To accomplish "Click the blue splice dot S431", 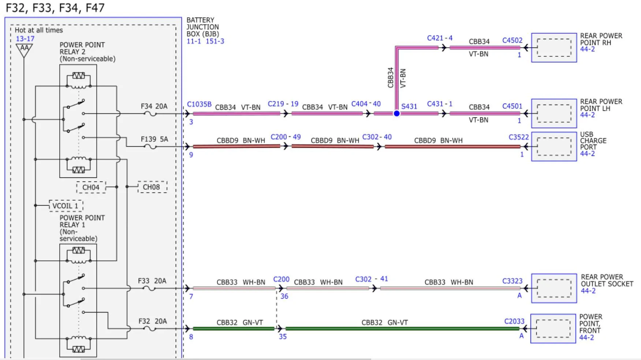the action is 396,113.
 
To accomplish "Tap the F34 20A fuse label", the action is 154,106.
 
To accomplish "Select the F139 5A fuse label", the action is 154,139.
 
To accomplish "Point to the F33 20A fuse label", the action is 152,281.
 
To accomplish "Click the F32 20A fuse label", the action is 153,321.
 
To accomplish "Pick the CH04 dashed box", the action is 91,187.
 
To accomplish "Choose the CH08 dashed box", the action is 152,187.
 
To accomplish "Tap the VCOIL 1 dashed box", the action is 66,206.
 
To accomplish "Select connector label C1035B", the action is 199,104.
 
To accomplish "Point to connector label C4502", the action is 512,40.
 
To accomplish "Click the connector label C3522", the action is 519,137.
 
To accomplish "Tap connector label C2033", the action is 514,321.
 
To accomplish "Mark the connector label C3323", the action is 512,281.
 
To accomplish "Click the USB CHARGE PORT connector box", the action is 554,146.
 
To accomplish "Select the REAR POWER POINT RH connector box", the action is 554,48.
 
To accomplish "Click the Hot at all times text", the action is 39,30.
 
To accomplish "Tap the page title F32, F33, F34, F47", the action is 55,8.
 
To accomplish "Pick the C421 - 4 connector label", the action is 440,38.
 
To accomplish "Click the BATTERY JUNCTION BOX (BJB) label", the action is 203,27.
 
